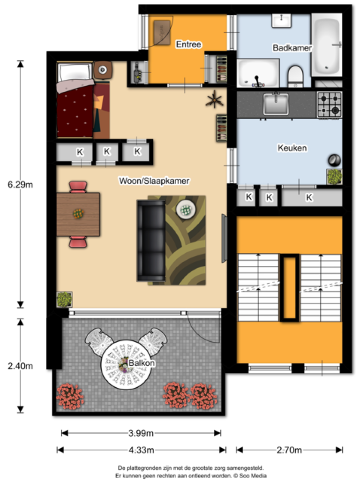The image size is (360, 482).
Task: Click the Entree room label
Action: coord(188,44)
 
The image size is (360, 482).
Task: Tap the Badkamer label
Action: coord(292,48)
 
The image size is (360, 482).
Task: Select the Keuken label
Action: coord(292,148)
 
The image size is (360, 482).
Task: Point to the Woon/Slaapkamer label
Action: coord(154,181)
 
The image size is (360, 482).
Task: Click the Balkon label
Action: coord(142,363)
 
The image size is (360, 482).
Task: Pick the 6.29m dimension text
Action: coord(20,184)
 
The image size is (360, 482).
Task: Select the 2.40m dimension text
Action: coord(20,366)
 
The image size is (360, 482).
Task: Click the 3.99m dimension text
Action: coord(141,433)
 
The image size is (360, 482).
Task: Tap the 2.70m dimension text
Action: coord(289,450)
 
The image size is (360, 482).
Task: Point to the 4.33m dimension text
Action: coord(141,450)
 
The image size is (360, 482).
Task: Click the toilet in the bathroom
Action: coord(295,76)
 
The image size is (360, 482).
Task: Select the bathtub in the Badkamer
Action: coord(327,45)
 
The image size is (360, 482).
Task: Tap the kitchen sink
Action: coord(276,104)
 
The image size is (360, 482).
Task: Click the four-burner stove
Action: coord(329,105)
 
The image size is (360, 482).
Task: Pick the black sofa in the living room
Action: coord(151,241)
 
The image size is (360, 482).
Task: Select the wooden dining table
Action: coord(78,214)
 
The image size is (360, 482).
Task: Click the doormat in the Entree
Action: coord(162,32)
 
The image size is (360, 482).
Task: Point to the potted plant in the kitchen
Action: coord(334,177)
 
